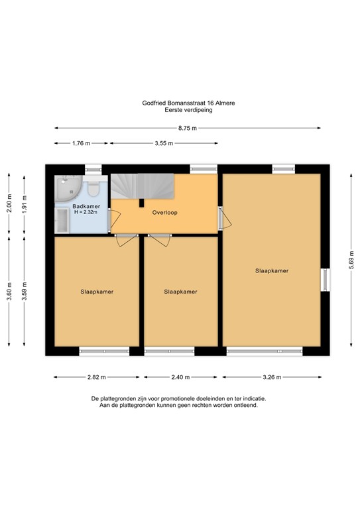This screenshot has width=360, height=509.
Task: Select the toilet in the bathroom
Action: [x=93, y=189]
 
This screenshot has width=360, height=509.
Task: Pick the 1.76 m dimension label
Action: [x=81, y=143]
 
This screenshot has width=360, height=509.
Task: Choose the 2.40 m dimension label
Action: [x=180, y=377]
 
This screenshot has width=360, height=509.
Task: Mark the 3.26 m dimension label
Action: [x=272, y=377]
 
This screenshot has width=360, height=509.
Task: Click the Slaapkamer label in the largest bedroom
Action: [x=272, y=270]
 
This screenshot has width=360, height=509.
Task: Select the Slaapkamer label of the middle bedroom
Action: [x=180, y=291]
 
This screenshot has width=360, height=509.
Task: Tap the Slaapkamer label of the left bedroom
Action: [x=97, y=291]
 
